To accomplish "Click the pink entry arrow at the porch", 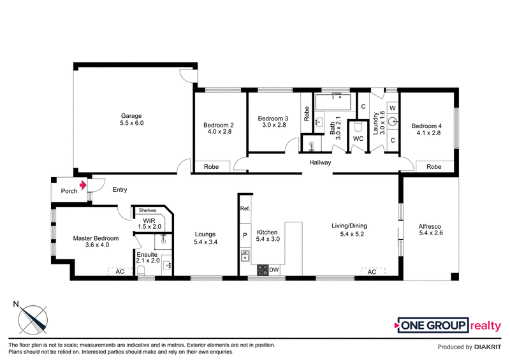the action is [x=84, y=185].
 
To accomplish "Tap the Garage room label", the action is [x=131, y=116].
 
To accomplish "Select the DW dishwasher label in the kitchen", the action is [x=274, y=270].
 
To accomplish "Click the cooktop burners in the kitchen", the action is [x=263, y=270].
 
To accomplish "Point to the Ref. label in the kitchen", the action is [x=245, y=208].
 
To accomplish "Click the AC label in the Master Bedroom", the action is [x=120, y=271].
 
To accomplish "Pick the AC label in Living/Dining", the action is [x=372, y=272].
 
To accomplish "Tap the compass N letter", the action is [x=15, y=304].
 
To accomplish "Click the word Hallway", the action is [x=320, y=162].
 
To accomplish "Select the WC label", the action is [x=358, y=138].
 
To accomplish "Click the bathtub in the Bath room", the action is [x=333, y=102].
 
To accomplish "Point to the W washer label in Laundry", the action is [x=393, y=108].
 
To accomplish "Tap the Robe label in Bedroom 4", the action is [x=434, y=166].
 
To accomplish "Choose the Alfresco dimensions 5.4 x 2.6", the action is [x=431, y=233].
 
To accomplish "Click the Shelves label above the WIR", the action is [x=147, y=210].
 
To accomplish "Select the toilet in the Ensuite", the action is [x=141, y=270].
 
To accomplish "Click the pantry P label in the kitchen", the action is [x=245, y=235].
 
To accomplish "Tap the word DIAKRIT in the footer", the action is [x=488, y=347].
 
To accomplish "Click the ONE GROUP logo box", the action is [x=433, y=325].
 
